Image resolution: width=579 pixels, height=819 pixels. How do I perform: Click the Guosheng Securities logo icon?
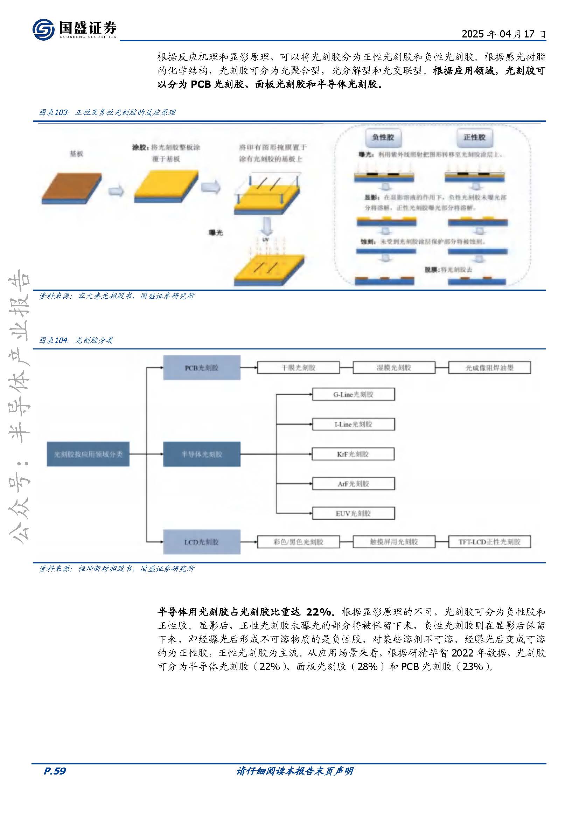(x=43, y=30)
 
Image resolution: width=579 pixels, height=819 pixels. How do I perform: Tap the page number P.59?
(x=55, y=771)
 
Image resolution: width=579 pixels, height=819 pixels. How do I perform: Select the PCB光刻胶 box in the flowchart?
(x=201, y=368)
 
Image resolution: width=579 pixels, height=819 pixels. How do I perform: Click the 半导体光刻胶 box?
(x=201, y=454)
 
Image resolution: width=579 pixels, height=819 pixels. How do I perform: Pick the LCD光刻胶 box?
(x=201, y=542)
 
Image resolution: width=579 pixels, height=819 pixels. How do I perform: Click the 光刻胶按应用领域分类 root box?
(x=88, y=454)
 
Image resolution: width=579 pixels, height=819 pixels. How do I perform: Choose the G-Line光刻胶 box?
(x=353, y=395)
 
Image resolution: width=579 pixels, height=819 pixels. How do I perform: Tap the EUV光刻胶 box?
(x=353, y=513)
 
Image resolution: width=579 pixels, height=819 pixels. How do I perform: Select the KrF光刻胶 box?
(x=353, y=454)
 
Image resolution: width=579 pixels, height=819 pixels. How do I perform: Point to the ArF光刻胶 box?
(x=353, y=484)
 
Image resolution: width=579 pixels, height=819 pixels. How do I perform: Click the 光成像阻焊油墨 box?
(x=489, y=368)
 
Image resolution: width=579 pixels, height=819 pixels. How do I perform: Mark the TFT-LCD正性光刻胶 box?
(x=489, y=542)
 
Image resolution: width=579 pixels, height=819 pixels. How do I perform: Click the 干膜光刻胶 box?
(x=298, y=368)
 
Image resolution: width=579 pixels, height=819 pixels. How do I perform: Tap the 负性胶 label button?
(x=383, y=137)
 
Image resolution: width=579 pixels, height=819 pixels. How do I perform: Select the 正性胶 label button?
(x=474, y=137)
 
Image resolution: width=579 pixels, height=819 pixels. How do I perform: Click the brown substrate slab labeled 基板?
(x=71, y=188)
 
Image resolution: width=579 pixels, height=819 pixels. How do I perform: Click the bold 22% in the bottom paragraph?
(x=318, y=612)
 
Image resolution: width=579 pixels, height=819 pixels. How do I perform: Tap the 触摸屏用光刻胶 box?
(x=393, y=542)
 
